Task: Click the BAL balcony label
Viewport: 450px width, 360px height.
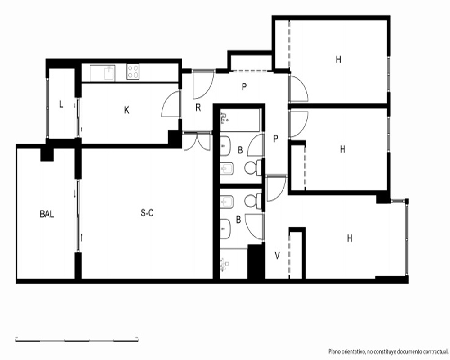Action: point(47,214)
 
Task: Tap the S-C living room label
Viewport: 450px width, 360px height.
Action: point(147,213)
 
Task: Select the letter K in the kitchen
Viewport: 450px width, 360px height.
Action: point(126,110)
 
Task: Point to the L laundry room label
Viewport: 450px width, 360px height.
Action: point(61,104)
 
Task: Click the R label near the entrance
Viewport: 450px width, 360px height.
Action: point(198,108)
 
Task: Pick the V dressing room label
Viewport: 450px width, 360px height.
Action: point(277,256)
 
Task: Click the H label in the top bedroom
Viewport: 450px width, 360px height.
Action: point(339,60)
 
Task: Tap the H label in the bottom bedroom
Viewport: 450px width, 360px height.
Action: point(350,238)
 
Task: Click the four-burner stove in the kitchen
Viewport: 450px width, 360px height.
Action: point(133,72)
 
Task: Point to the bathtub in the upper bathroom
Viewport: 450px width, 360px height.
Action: point(240,120)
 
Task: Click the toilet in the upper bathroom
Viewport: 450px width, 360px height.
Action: point(253,168)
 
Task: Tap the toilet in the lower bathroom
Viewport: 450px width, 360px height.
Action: point(253,201)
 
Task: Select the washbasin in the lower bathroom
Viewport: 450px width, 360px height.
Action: point(225,229)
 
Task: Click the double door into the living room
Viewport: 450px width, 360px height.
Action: point(197,141)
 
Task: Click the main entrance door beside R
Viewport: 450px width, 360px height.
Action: point(203,84)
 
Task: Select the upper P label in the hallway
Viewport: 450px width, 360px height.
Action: point(244,87)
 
